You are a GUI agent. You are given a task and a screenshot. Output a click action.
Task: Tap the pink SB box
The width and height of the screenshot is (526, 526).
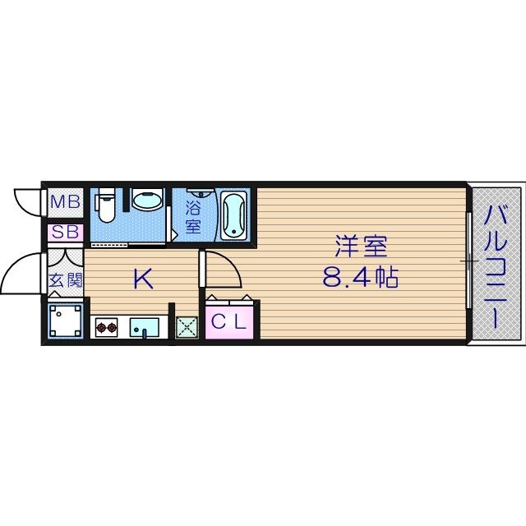[x=65, y=233]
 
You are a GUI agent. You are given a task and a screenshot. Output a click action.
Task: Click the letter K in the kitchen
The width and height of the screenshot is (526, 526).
[x=143, y=279]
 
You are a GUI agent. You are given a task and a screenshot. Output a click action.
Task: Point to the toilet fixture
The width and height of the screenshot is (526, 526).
[x=105, y=205]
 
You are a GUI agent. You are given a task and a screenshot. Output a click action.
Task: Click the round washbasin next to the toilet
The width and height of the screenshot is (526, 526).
[x=147, y=202]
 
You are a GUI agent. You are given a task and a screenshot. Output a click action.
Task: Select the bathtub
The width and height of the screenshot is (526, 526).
[x=233, y=214]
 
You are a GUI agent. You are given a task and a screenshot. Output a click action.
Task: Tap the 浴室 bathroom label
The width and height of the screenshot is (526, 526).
[x=194, y=216]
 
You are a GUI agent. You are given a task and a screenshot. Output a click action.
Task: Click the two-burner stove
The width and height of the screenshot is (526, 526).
[x=107, y=329]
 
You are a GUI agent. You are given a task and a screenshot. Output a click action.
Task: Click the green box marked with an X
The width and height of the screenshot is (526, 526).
[x=187, y=328]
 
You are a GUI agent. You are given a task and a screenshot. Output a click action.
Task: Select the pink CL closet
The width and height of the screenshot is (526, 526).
[x=228, y=321]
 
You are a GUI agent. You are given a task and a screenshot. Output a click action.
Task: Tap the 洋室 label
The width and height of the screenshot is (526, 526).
[x=359, y=246]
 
